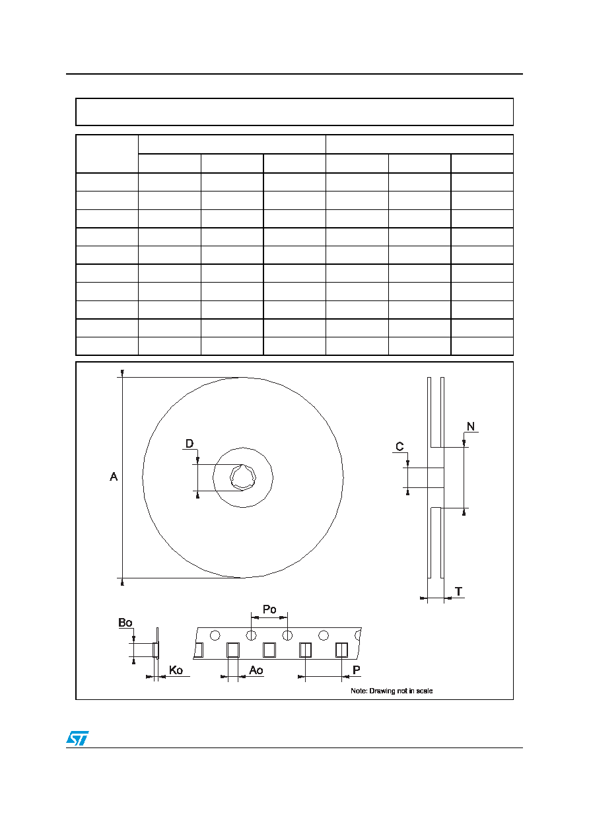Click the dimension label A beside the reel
pyautogui.click(x=114, y=477)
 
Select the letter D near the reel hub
pyautogui.click(x=190, y=444)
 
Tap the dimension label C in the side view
pyautogui.click(x=399, y=446)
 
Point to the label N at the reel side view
pyautogui.click(x=471, y=427)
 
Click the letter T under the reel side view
pyautogui.click(x=459, y=591)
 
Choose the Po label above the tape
pyautogui.click(x=269, y=609)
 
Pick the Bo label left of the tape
pyautogui.click(x=125, y=623)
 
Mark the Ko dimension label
pyautogui.click(x=176, y=670)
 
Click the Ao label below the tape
pyautogui.click(x=256, y=670)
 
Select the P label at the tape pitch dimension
pyautogui.click(x=357, y=670)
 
